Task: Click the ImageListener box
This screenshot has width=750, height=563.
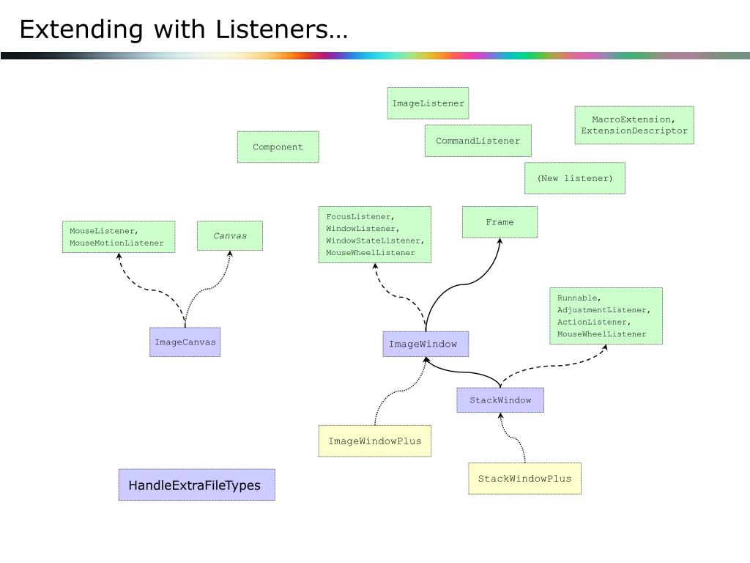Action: point(428,103)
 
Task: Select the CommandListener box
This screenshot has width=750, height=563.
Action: point(478,141)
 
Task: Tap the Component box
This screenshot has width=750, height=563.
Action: point(278,147)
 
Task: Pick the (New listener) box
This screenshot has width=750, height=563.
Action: point(574,178)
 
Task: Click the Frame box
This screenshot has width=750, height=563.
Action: point(500,222)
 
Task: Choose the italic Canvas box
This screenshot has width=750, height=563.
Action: point(229,235)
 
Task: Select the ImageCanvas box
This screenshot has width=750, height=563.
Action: point(185,342)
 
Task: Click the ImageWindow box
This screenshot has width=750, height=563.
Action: point(426,344)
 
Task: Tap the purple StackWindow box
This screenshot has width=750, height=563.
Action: point(500,400)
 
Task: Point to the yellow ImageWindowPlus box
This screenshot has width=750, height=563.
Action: point(374,441)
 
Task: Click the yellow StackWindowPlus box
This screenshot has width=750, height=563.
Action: point(524,478)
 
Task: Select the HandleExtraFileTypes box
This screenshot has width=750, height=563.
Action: point(196,485)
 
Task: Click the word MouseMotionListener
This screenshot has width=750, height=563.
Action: point(116,243)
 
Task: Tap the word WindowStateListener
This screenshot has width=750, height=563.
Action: point(374,240)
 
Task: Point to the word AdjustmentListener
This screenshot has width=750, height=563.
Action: point(604,310)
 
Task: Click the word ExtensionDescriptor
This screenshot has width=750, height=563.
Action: point(634,130)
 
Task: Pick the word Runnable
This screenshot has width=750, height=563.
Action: point(579,298)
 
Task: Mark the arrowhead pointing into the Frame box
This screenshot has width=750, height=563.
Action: point(500,241)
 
